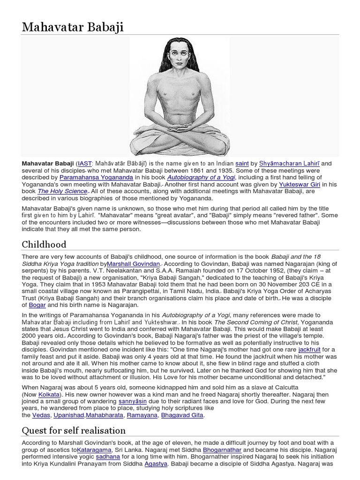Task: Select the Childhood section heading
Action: (x=44, y=244)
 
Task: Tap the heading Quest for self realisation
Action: (x=74, y=430)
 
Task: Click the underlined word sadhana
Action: (x=108, y=457)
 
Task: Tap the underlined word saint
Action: (x=242, y=164)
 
